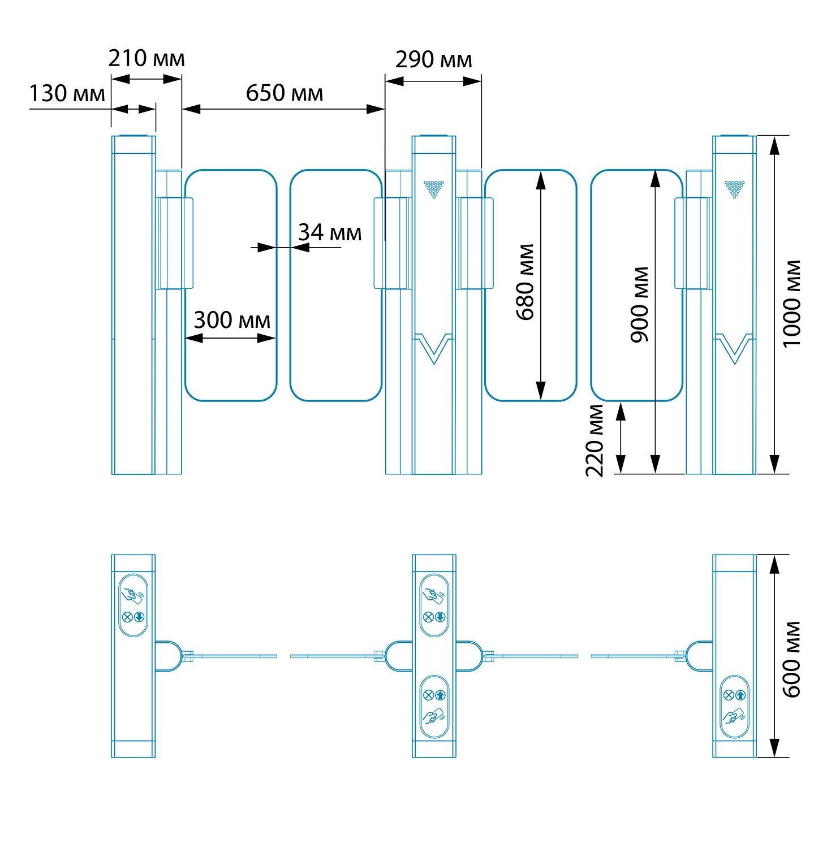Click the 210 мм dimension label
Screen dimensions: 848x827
click(147, 59)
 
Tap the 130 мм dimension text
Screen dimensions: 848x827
click(67, 94)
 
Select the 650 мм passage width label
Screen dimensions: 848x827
click(284, 93)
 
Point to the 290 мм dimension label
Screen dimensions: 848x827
click(433, 60)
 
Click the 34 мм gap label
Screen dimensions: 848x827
click(330, 232)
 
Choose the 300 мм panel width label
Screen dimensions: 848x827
click(232, 321)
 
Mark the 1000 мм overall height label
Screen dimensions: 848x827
click(792, 304)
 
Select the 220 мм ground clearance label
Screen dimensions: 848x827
click(595, 441)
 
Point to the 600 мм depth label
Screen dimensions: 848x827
click(792, 659)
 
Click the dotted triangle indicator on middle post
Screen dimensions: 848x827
click(434, 189)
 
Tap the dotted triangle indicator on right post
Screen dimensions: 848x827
click(735, 189)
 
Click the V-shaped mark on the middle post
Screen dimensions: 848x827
click(434, 348)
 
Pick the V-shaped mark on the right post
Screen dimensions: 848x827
click(735, 348)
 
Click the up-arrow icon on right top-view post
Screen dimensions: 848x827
click(741, 695)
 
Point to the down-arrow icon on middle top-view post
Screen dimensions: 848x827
click(440, 617)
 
